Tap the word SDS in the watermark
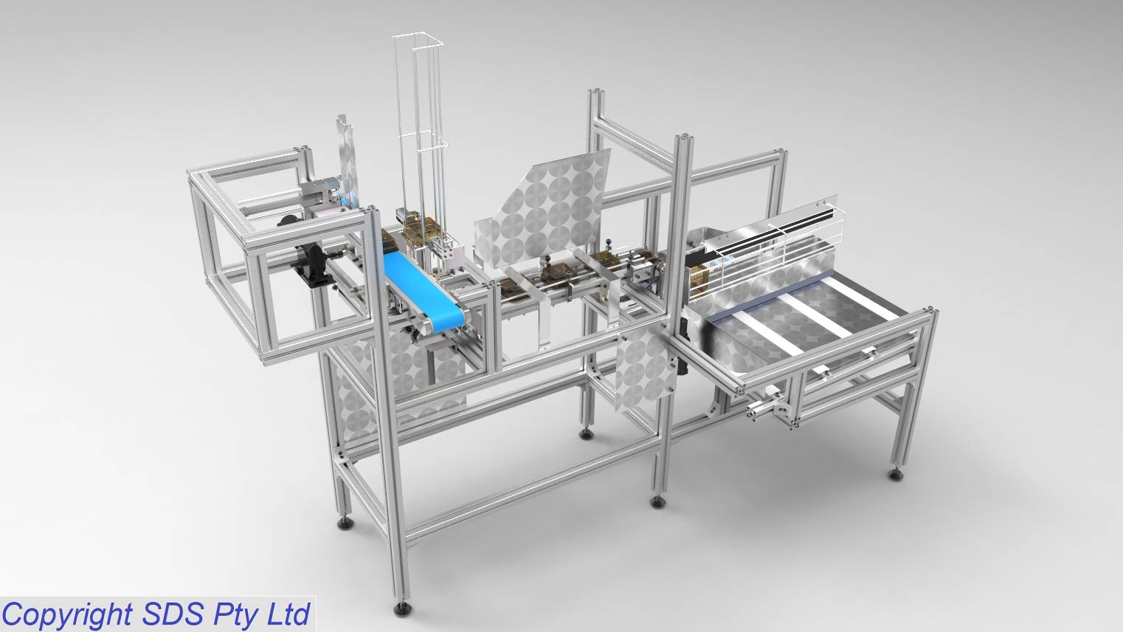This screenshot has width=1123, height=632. pyautogui.click(x=173, y=614)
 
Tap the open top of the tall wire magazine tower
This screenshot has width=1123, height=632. pyautogui.click(x=417, y=41)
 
